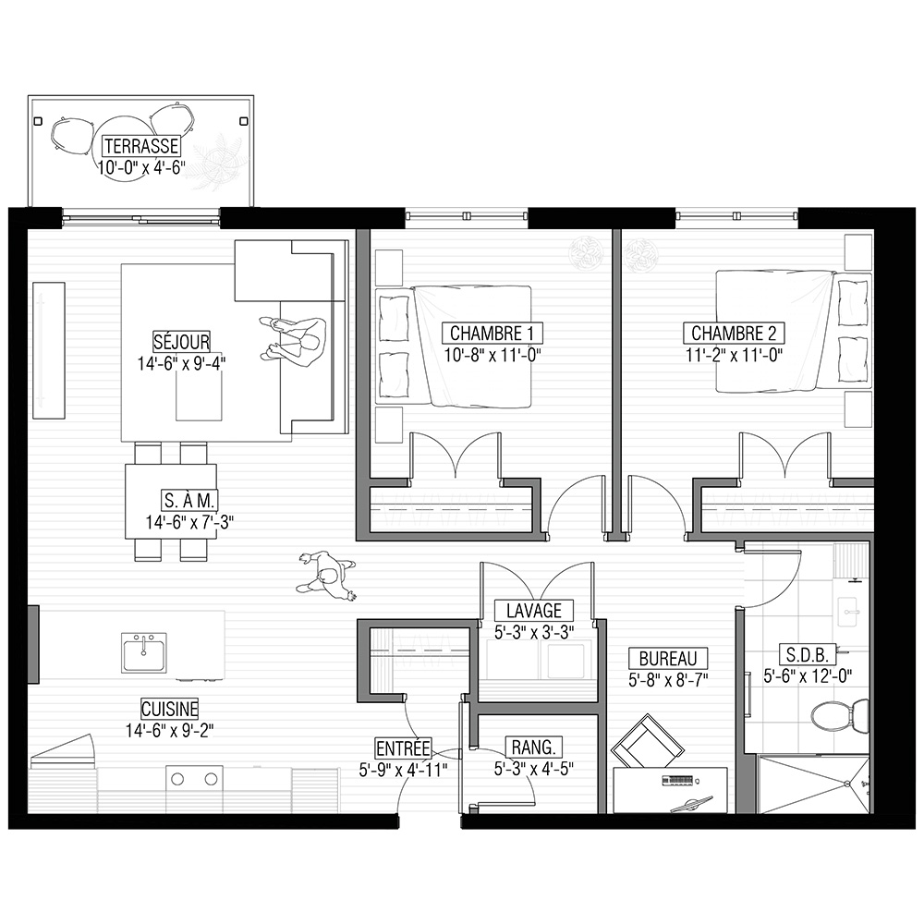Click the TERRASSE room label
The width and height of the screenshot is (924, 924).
[141, 146]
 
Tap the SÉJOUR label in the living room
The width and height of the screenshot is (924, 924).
[181, 342]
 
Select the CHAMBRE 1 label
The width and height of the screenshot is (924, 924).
[492, 334]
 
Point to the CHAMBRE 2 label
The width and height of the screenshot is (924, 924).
[734, 334]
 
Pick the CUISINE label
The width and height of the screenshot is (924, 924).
[170, 709]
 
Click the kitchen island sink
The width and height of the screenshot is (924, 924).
[144, 652]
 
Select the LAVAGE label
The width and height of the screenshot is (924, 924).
[534, 611]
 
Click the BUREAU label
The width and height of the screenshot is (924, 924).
[668, 658]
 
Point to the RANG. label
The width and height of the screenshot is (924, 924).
[534, 748]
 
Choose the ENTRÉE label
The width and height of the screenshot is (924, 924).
[403, 748]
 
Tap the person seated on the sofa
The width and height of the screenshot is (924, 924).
[294, 341]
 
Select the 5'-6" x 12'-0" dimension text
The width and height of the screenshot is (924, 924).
[808, 676]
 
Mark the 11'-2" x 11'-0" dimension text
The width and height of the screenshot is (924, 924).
[734, 355]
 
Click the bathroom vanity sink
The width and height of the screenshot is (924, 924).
[848, 614]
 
